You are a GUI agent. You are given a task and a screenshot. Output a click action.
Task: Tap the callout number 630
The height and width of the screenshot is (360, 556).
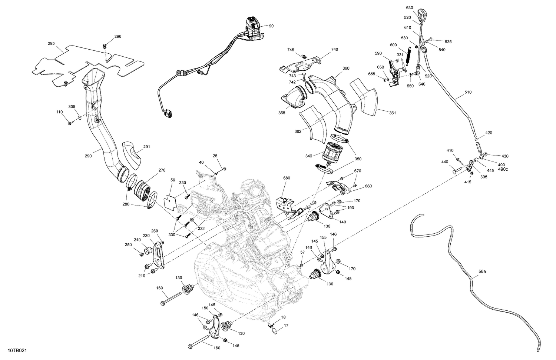click(409, 7)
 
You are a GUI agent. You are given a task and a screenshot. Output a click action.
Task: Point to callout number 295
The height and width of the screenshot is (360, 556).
click(51, 43)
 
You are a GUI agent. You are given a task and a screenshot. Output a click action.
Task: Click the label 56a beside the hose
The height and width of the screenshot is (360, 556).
click(482, 271)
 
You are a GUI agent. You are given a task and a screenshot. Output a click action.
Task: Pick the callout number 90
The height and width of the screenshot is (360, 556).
click(271, 26)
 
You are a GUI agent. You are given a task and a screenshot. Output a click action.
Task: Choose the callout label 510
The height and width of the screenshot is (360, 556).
click(468, 92)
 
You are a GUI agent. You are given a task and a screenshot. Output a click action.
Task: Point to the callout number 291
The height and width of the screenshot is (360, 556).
click(146, 147)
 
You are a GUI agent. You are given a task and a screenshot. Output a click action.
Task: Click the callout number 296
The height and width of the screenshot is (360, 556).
click(118, 36)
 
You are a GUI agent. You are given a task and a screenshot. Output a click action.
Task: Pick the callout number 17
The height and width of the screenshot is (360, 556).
click(286, 326)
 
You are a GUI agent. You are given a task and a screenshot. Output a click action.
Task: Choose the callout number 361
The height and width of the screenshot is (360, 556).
click(392, 113)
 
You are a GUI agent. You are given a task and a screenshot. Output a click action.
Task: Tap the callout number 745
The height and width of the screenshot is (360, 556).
click(291, 50)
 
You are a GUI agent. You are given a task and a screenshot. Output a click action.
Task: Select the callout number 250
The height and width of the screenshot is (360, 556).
click(128, 245)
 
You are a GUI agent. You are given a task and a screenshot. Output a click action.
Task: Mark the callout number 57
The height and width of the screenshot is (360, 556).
click(302, 252)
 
